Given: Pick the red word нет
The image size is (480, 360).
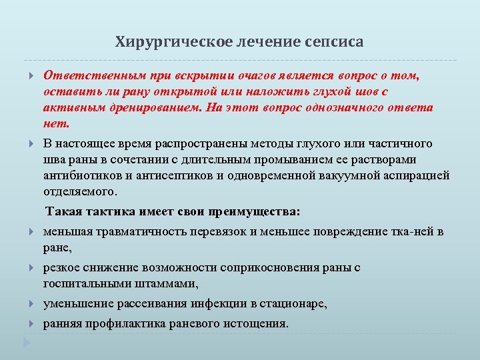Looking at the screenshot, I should point(57,123).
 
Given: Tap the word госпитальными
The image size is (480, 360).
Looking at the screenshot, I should point(87,284).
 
